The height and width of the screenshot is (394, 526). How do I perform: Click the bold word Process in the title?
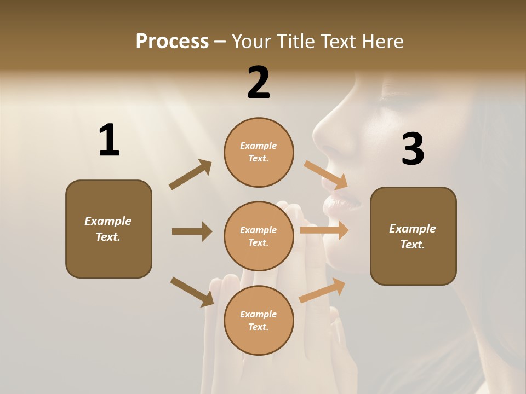[172, 41]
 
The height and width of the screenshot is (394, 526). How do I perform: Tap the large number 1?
[109, 141]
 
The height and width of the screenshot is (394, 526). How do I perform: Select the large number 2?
[259, 83]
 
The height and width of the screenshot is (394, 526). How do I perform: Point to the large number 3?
[413, 149]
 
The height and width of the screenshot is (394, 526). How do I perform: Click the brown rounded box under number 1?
[108, 229]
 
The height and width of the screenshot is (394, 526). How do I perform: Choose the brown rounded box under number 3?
[413, 236]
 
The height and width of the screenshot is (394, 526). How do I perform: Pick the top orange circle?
[259, 152]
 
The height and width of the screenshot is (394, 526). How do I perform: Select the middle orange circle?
[259, 236]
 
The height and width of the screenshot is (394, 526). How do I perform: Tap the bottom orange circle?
[259, 321]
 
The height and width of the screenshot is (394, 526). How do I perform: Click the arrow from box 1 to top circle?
[191, 175]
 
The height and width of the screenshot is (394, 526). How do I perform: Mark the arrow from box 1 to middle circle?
[192, 231]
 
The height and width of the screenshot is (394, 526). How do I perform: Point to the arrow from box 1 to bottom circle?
[192, 291]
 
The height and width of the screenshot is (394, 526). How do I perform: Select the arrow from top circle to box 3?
[326, 175]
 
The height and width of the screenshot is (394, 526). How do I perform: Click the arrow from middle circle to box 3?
[324, 230]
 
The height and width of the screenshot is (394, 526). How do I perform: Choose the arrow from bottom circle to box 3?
[323, 290]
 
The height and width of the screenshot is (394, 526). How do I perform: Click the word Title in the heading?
[296, 41]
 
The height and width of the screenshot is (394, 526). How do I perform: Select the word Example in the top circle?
[258, 146]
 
